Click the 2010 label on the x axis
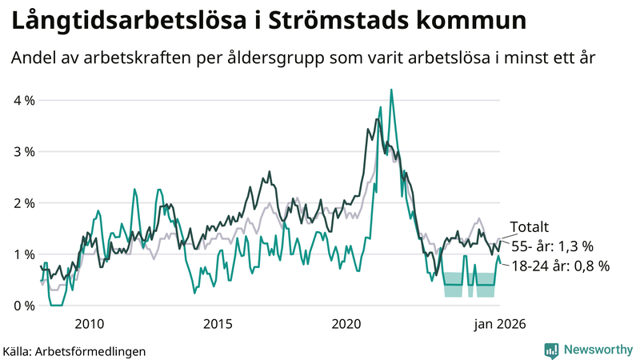[89, 324]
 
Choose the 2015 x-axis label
[218, 324]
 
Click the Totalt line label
[529, 227]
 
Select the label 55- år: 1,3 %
[552, 246]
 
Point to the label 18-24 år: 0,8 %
[559, 266]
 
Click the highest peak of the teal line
[390, 90]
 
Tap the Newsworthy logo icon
[551, 350]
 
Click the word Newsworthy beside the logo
[596, 350]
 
